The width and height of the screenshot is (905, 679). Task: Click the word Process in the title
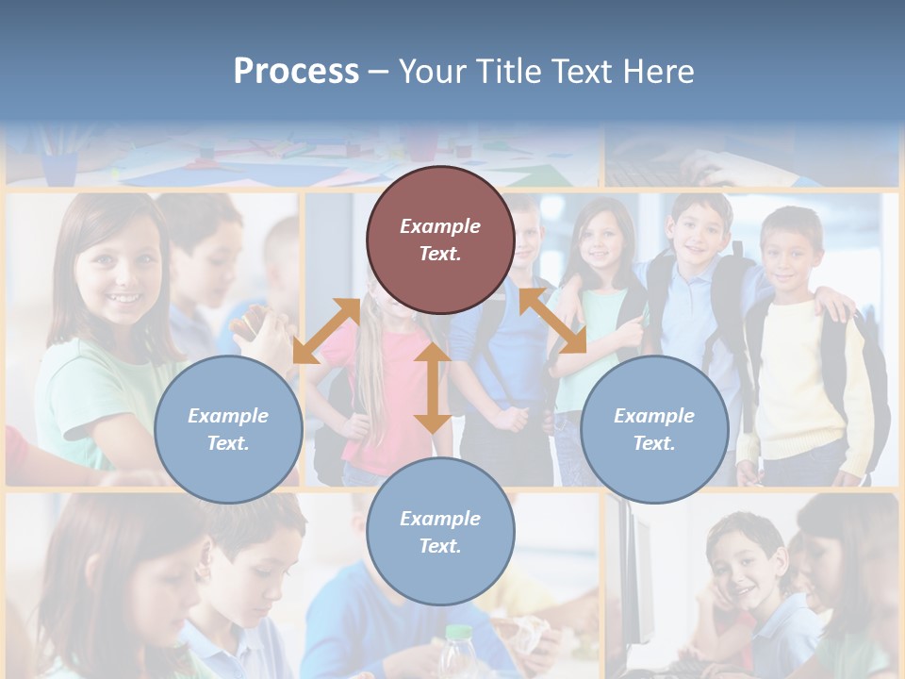pyautogui.click(x=296, y=72)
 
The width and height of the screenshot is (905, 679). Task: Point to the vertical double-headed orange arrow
pyautogui.click(x=432, y=388)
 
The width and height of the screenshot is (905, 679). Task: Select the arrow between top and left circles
pyautogui.click(x=326, y=330)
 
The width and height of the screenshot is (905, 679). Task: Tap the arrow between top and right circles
pyautogui.click(x=552, y=321)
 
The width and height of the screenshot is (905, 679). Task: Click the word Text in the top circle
pyautogui.click(x=439, y=254)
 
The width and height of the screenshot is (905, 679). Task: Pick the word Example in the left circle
pyautogui.click(x=228, y=416)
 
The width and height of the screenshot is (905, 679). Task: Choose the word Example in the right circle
pyautogui.click(x=654, y=416)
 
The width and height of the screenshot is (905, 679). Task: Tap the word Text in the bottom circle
pyautogui.click(x=439, y=546)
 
